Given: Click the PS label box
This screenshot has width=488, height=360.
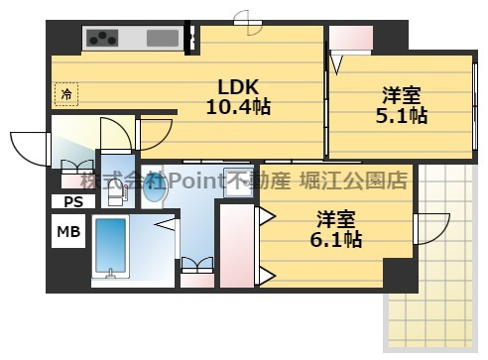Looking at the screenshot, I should (x=72, y=201).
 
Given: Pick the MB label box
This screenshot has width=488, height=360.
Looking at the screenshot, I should (x=68, y=232).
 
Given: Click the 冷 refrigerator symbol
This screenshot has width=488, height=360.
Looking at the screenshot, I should (x=66, y=95).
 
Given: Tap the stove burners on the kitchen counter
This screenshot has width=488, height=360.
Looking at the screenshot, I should (x=103, y=39).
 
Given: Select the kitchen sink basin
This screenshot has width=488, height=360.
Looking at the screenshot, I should (x=162, y=39).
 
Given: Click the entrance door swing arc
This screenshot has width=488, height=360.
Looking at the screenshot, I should (x=29, y=147).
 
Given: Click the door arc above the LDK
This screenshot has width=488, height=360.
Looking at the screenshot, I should (x=241, y=17).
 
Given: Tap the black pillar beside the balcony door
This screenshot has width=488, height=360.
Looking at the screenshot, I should (x=400, y=275).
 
